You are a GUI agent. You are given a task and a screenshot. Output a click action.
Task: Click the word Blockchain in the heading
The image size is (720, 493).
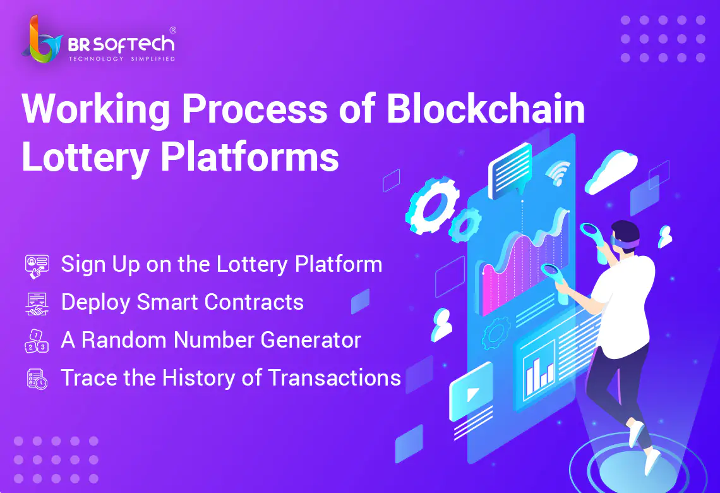[x=486, y=109]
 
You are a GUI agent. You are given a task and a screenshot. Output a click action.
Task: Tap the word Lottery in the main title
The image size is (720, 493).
[x=85, y=158]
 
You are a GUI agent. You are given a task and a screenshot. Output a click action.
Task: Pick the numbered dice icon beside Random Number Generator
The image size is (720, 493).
[x=36, y=341]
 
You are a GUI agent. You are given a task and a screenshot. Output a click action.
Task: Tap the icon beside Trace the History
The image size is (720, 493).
[x=37, y=379]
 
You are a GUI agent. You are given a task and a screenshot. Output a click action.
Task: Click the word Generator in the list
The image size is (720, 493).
[x=311, y=341]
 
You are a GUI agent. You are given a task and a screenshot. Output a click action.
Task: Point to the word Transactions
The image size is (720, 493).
[x=334, y=378]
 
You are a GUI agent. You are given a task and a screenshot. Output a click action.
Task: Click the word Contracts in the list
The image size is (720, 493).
[x=254, y=302]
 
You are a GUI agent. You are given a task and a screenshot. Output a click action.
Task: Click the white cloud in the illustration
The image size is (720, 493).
[x=612, y=172]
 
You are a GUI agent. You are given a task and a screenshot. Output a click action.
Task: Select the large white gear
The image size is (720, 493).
[x=431, y=205]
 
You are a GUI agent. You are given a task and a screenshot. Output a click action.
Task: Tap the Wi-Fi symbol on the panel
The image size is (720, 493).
[x=558, y=173]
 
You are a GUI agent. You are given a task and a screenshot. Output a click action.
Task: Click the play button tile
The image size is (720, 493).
[x=471, y=391]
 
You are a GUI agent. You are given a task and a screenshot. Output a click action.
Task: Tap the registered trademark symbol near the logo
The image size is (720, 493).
[x=172, y=30]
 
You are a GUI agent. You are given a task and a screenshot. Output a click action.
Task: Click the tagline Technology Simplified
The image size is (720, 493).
[x=122, y=59]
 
